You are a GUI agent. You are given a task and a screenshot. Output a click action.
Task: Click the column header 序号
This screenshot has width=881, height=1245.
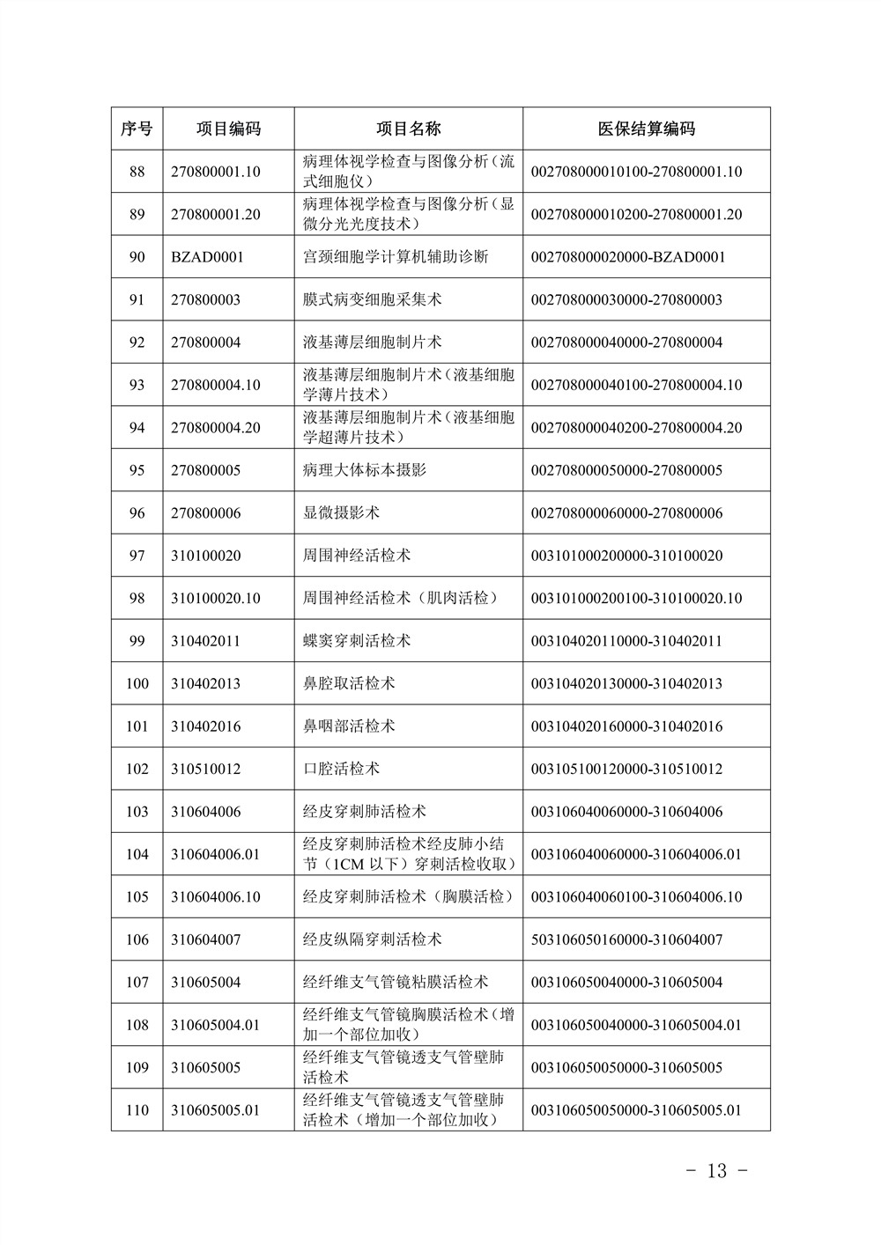tap(137, 129)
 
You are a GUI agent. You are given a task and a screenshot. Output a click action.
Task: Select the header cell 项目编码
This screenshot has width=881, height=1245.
tap(228, 129)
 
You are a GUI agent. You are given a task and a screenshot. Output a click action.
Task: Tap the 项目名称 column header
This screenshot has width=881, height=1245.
tap(408, 129)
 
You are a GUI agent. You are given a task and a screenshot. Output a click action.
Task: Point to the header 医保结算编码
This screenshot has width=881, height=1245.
tap(646, 129)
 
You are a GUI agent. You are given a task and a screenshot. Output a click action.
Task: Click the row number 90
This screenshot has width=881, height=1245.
tap(137, 257)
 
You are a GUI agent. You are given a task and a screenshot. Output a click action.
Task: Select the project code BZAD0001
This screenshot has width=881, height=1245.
tap(207, 257)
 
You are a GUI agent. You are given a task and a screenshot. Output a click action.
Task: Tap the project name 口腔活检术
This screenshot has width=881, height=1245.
tap(341, 769)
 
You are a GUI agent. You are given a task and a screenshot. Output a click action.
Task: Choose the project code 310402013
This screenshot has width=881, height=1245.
tap(205, 683)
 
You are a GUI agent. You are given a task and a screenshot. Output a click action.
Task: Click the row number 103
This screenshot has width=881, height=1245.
tap(137, 812)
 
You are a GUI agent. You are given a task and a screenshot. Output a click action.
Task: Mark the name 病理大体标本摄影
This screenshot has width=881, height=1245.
tap(364, 470)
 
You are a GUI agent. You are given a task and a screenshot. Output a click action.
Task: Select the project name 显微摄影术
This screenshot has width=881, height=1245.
tap(341, 512)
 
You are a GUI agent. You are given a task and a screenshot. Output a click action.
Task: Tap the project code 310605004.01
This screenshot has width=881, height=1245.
tap(216, 1025)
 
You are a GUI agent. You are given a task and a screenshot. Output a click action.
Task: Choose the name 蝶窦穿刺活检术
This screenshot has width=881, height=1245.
tap(356, 641)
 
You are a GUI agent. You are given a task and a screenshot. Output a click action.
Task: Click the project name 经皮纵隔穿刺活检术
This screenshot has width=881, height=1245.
tap(372, 939)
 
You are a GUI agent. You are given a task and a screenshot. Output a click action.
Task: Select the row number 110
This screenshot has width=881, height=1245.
tap(137, 1110)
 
